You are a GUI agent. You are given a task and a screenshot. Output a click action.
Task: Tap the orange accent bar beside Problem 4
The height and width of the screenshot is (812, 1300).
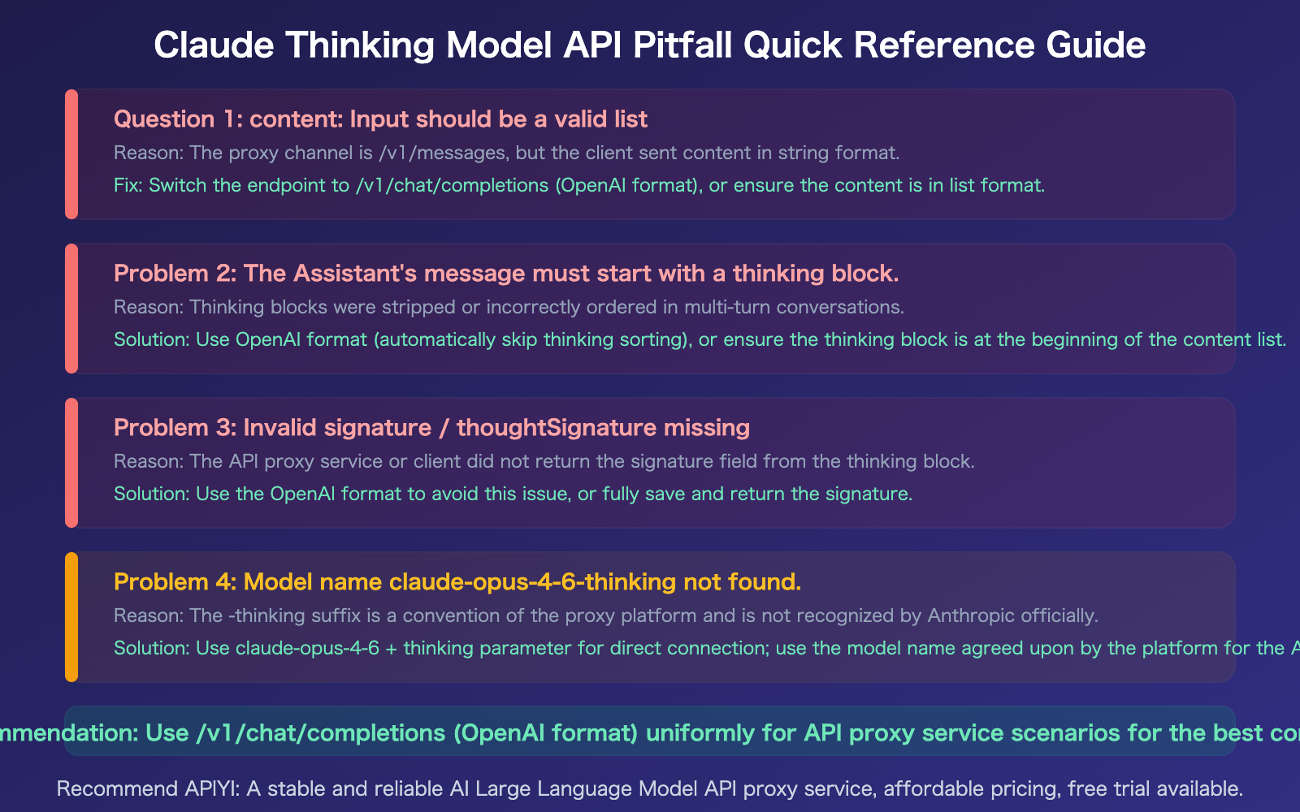71,617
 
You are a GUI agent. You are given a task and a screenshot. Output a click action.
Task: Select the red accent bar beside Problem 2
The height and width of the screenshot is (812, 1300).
71,309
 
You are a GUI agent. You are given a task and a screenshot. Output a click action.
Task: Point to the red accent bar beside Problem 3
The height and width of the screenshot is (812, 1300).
71,463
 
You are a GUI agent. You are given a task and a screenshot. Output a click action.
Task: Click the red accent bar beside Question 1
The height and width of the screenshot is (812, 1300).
71,154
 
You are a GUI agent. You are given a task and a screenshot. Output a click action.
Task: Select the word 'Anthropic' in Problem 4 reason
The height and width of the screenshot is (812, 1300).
968,615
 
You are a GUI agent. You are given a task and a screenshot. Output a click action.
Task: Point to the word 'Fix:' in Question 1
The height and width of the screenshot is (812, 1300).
128,185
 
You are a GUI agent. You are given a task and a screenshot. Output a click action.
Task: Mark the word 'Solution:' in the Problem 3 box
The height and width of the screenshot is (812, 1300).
152,494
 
